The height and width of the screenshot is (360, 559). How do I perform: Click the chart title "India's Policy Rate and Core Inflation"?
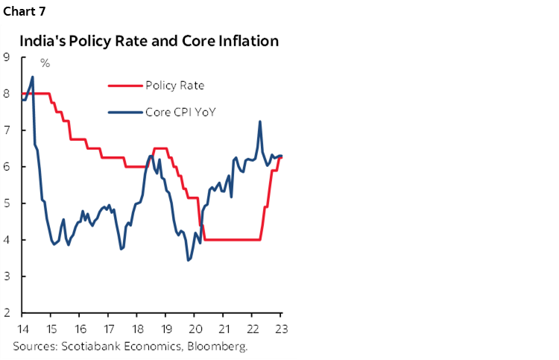tap(149, 41)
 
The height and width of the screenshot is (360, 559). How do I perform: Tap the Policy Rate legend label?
tap(174, 86)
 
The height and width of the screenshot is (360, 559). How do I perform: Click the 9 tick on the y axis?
tap(6, 57)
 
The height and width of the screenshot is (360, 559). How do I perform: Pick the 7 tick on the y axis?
tap(6, 130)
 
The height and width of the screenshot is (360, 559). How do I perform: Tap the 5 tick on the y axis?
tap(6, 203)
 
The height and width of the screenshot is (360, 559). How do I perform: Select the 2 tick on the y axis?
tap(6, 313)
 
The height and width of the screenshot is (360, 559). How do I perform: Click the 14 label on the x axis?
tap(22, 328)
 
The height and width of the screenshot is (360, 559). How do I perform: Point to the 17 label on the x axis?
tap(108, 328)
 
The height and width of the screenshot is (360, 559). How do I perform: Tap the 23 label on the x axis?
tap(280, 328)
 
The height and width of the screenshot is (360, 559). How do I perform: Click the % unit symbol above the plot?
tap(45, 63)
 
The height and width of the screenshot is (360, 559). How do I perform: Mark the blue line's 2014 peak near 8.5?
tap(32, 77)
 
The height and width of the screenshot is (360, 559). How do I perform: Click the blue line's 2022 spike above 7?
tap(259, 121)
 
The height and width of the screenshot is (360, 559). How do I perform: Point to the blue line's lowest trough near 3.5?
tap(189, 260)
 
